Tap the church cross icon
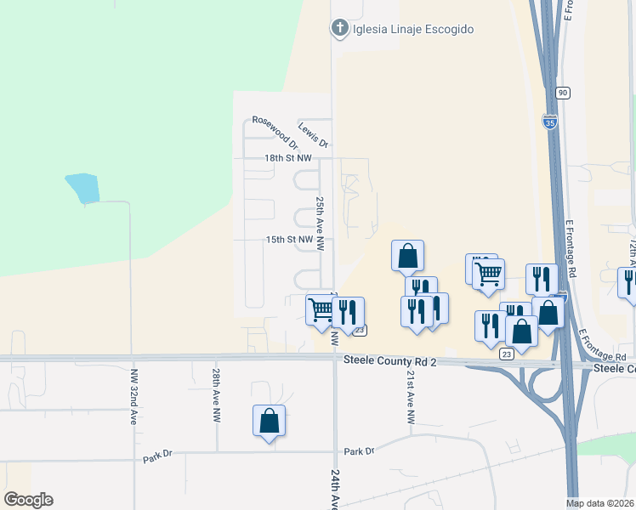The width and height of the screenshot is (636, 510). [339, 29]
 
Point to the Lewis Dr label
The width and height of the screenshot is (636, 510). [313, 134]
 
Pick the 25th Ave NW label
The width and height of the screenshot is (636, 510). [321, 223]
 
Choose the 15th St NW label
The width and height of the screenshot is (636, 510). [289, 241]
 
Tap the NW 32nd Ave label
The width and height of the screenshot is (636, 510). [134, 396]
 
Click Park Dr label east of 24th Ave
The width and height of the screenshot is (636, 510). [359, 451]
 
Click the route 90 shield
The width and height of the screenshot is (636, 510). [563, 92]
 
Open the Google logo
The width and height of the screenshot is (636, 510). [28, 500]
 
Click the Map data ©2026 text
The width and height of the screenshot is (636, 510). [599, 503]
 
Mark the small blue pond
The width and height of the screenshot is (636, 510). [82, 188]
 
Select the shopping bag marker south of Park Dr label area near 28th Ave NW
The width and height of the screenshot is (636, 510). [269, 421]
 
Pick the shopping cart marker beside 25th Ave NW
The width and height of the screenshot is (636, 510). [321, 310]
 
